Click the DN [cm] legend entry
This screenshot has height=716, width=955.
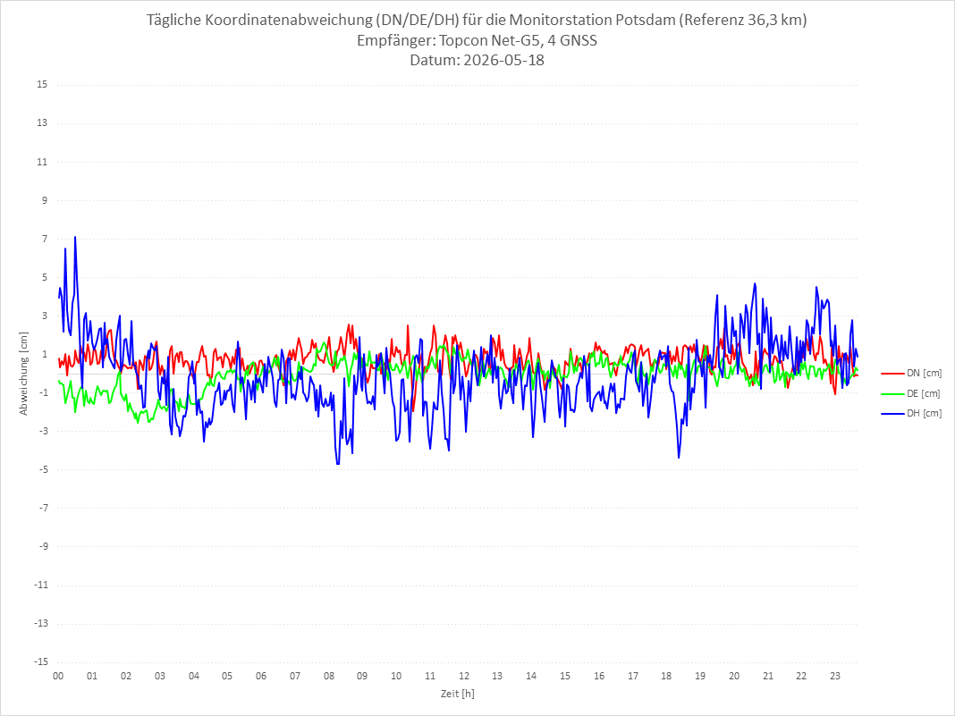(x=911, y=374)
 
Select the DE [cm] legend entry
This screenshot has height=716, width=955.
(x=911, y=393)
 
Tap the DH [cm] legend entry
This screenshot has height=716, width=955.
(x=911, y=413)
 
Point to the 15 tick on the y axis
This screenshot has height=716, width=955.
(x=42, y=84)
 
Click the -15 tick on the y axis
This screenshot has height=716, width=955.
(x=40, y=661)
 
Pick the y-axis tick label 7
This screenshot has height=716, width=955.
(x=45, y=239)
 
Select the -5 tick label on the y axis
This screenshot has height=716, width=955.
(x=43, y=469)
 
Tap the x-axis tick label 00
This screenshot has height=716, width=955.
(x=58, y=676)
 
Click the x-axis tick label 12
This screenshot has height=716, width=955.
(x=464, y=676)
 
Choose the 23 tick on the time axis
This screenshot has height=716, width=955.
(x=835, y=676)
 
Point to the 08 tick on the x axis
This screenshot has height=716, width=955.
(x=329, y=676)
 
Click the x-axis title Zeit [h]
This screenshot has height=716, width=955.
(x=458, y=694)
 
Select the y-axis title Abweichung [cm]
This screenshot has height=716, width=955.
(x=24, y=374)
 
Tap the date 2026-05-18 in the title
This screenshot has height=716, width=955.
(x=503, y=60)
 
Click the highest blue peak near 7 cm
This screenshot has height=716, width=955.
(x=75, y=237)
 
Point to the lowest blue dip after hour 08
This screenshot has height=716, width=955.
(x=337, y=465)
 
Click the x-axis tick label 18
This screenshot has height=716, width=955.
(x=667, y=676)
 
